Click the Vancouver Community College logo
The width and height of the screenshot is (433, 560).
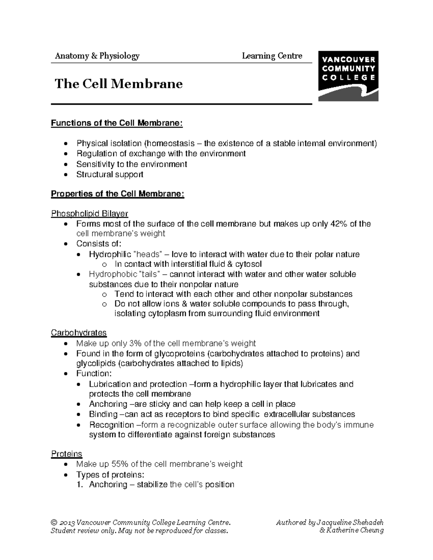tap(348, 76)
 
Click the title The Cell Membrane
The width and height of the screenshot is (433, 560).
tap(119, 84)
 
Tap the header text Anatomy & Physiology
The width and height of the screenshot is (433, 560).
tap(97, 56)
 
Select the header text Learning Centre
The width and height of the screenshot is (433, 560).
tap(272, 56)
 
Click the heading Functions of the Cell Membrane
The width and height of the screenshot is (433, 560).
tap(117, 123)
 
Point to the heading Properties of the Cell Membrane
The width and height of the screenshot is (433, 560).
tap(118, 194)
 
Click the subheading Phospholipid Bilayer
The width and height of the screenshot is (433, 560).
tap(89, 214)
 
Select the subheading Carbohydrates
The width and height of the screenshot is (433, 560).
tap(79, 332)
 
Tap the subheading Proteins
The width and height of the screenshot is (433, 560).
tap(67, 454)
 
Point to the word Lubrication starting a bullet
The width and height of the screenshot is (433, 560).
tap(110, 384)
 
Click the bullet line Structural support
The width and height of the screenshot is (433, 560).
tap(110, 175)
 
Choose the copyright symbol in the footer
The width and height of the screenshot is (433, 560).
tap(54, 522)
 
